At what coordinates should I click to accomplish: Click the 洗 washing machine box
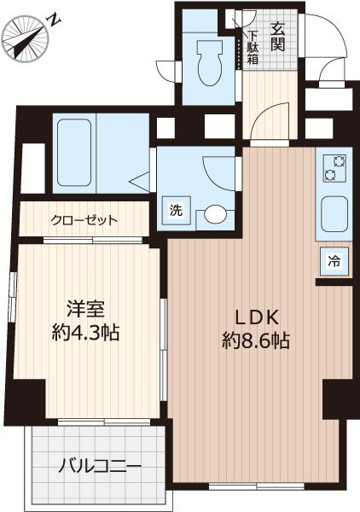pyautogui.click(x=174, y=210)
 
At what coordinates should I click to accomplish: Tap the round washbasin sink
pyautogui.click(x=216, y=213)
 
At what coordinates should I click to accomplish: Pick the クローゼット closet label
pyautogui.click(x=84, y=220)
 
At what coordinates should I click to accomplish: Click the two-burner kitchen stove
pyautogui.click(x=331, y=167)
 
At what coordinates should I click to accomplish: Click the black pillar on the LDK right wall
pyautogui.click(x=334, y=397)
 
